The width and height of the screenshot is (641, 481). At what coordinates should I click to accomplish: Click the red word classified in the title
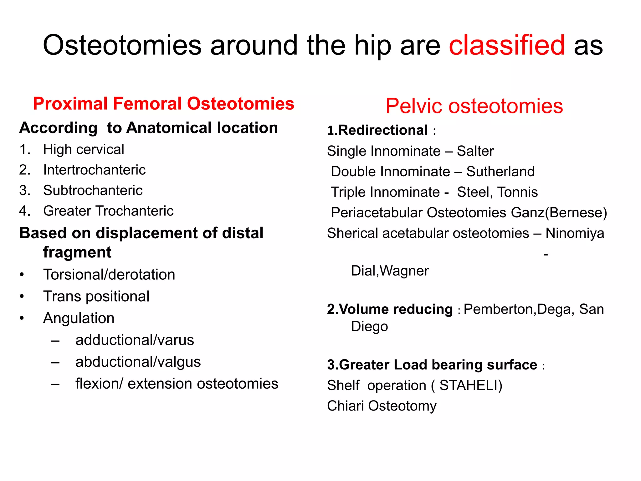pos(507,45)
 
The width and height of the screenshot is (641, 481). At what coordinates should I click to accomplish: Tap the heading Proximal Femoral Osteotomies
pos(163,104)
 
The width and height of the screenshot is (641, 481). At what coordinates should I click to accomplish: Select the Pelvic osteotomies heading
pos(474,106)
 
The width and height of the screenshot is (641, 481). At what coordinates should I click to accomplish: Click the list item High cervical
pos(84,149)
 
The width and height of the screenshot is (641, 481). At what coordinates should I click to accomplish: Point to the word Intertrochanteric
pos(94,170)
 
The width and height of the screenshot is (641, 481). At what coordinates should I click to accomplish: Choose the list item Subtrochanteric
pos(93,190)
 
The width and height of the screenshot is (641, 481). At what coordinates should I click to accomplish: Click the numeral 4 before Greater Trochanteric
pos(24,211)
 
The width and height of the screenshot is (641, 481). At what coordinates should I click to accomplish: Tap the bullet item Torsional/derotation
pos(109,275)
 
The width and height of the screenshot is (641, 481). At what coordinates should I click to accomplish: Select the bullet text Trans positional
pos(96,296)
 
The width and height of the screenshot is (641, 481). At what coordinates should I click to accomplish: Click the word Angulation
pos(79,318)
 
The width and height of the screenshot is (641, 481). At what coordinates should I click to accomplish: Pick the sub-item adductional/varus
pos(135,340)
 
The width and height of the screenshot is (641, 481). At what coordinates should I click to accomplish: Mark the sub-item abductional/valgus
pos(138,362)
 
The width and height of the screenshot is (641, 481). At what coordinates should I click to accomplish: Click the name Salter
pos(475,151)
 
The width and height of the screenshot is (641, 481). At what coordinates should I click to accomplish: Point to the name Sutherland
pos(500,172)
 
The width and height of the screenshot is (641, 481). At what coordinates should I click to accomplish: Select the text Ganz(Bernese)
pos(559,213)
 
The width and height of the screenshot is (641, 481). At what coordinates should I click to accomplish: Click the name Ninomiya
pos(575,233)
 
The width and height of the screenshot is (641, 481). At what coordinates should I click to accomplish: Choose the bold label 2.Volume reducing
pos(390,309)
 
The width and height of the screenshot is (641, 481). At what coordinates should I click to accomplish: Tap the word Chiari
pos(346,406)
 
